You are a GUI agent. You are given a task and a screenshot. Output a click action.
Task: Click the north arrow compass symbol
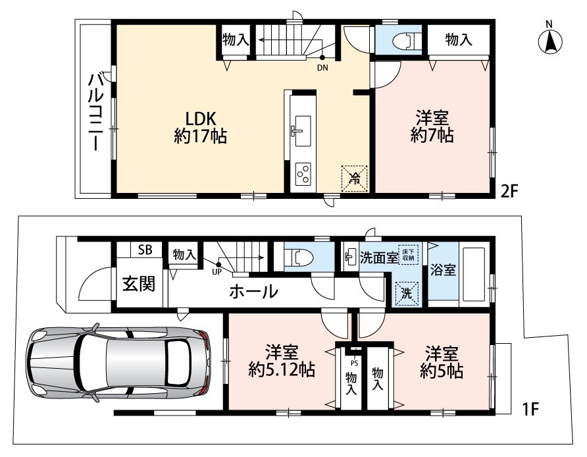550,39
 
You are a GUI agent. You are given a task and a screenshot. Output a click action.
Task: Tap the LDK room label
201,119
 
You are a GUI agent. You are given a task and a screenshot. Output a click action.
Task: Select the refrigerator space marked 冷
354,178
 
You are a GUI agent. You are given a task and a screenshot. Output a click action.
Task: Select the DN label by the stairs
322,68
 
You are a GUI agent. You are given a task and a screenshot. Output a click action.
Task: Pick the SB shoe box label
145,250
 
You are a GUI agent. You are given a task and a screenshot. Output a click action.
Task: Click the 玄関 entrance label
139,284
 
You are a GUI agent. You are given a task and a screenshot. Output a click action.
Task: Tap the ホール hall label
253,291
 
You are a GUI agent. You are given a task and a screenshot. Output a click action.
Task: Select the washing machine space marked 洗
407,293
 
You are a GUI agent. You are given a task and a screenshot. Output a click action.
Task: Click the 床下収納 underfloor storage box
408,255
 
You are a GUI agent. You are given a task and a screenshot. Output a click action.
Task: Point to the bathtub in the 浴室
474,273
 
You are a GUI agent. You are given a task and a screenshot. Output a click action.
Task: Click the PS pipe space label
354,363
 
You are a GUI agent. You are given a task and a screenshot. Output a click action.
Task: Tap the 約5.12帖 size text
282,370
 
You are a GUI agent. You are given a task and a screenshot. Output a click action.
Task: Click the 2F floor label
509,192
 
